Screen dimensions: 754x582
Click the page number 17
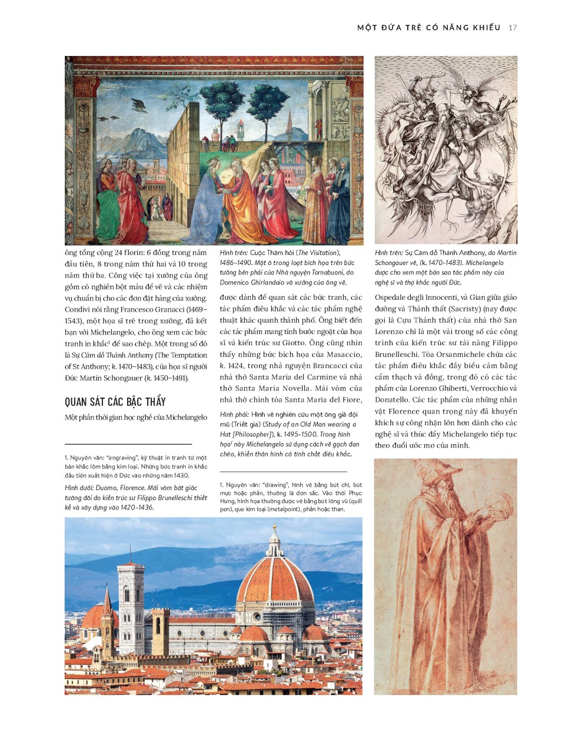pyautogui.click(x=513, y=28)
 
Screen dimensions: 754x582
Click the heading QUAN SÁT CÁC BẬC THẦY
pyautogui.click(x=115, y=402)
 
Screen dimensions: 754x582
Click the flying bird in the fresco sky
pyautogui.click(x=139, y=105)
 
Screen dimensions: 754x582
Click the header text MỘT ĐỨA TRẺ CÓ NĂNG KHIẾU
pyautogui.click(x=428, y=28)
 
